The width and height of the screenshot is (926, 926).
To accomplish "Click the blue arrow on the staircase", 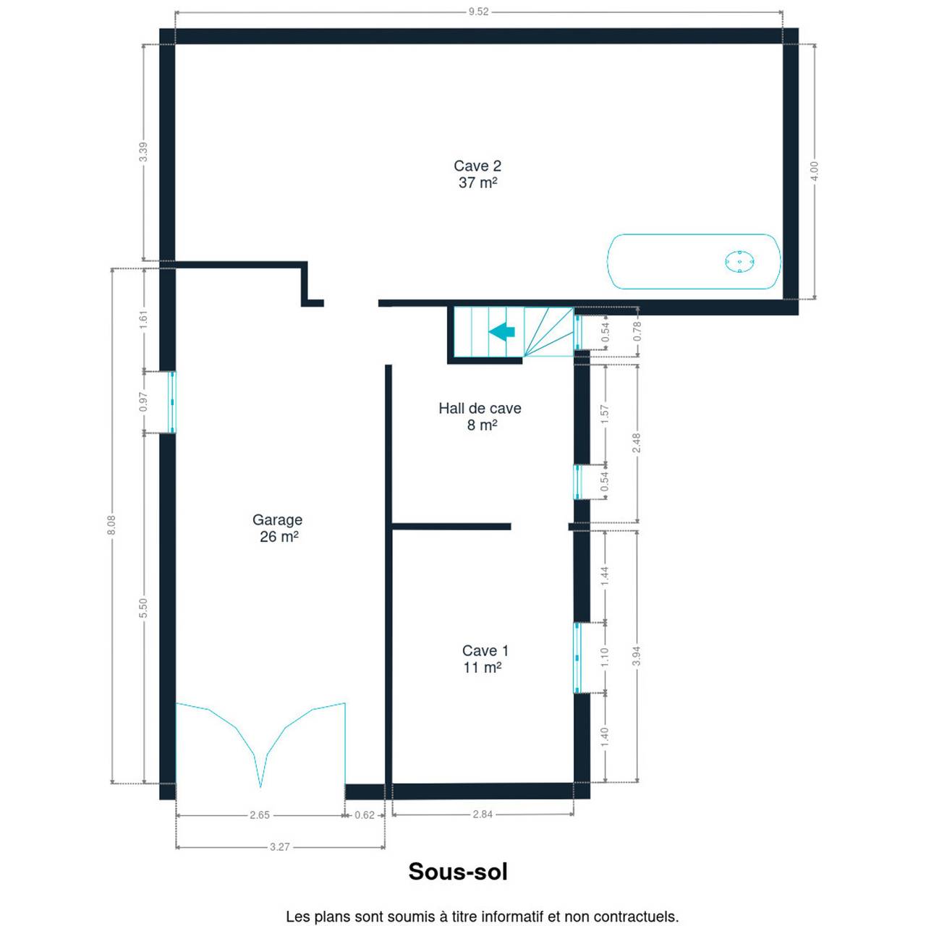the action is tap(501, 331).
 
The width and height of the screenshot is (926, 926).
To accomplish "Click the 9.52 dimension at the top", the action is tap(479, 12).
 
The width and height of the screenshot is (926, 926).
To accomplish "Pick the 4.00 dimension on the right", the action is tap(814, 171).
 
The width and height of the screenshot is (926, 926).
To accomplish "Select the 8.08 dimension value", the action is tap(111, 525).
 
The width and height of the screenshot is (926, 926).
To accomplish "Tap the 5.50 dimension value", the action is tap(143, 608).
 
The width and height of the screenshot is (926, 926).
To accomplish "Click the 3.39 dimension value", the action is tap(143, 153).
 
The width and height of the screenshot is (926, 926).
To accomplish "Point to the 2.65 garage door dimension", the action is tap(260, 815).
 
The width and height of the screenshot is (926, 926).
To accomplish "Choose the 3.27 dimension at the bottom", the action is tap(280, 846).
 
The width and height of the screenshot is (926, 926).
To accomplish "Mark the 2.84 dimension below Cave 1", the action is tap(483, 814).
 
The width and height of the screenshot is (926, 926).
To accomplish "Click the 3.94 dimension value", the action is tap(637, 656).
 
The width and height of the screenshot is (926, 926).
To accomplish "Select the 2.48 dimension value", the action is tap(637, 443).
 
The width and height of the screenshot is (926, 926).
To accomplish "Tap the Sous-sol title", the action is tap(458, 872).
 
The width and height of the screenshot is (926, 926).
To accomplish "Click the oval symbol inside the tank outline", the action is tap(739, 262).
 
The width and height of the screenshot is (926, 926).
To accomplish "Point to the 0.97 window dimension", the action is tap(143, 402).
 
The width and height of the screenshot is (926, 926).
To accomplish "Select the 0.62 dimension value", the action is tap(364, 815).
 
